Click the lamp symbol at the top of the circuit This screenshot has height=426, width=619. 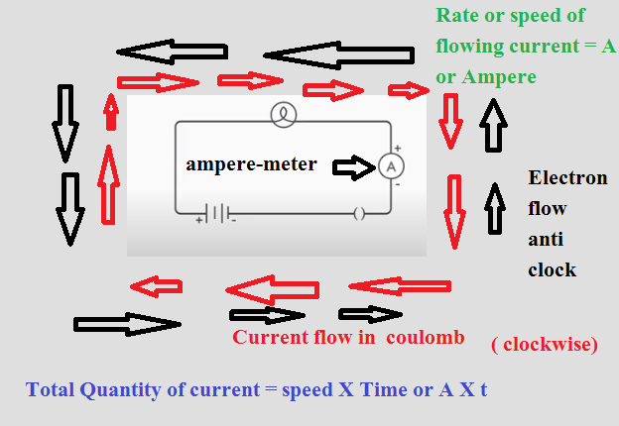coord(284,115)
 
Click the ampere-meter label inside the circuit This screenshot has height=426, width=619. coord(251,164)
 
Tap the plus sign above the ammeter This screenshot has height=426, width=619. coord(397,147)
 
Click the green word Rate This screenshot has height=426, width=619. coord(458,18)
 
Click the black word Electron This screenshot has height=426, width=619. coord(566,179)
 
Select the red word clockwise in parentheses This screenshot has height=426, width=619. coord(547,345)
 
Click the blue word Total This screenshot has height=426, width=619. coord(52,388)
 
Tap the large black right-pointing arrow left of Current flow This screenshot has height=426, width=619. coord(127,324)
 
